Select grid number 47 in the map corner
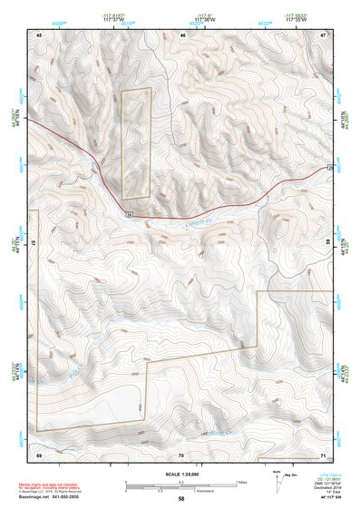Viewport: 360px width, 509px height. tap(324, 34)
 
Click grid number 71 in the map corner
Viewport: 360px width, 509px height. tap(324, 453)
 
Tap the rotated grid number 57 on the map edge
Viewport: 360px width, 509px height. tap(34, 243)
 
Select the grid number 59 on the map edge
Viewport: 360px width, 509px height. tap(328, 243)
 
